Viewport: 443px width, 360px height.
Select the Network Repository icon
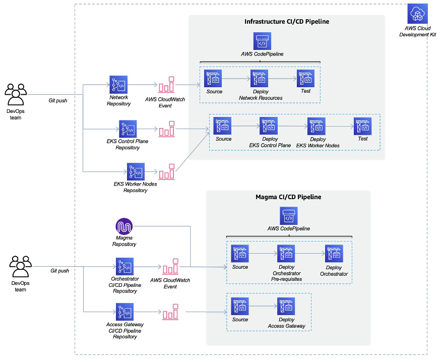[x=118, y=84]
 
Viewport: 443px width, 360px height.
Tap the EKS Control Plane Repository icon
[x=128, y=129]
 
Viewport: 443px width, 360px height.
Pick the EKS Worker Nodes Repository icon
[x=136, y=171]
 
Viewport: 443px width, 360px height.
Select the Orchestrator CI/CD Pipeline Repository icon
[x=124, y=266]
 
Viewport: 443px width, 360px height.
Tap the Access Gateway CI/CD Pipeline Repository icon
[x=124, y=312]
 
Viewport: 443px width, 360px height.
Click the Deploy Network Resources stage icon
[x=259, y=79]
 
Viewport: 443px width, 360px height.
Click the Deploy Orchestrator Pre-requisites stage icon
[x=286, y=254]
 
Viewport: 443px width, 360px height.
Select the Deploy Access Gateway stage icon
[x=286, y=306]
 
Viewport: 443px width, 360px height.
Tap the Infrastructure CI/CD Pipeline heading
[x=287, y=22]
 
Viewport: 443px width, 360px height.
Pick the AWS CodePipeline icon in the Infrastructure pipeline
[x=262, y=41]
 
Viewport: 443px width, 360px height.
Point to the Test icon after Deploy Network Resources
[x=305, y=79]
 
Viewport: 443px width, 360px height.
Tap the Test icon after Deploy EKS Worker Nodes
[x=362, y=126]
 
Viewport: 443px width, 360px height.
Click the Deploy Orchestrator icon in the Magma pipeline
[x=334, y=254]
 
